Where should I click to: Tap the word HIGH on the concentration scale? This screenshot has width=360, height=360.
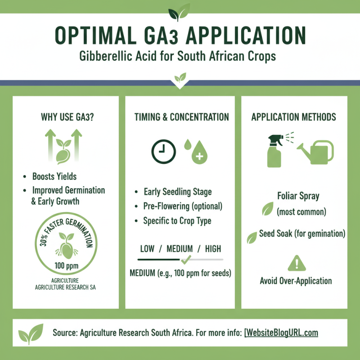pos(213,249)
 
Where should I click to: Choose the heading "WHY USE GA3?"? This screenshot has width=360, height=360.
pos(65,117)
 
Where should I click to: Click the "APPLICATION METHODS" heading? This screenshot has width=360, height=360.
pos(293,117)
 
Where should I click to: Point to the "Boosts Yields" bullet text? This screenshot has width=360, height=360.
pos(54,176)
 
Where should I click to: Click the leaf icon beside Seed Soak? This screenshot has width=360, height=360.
pos(252,237)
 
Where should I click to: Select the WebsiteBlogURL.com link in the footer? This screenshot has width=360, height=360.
pos(282,333)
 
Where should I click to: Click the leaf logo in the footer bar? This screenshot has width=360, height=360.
pos(31,333)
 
